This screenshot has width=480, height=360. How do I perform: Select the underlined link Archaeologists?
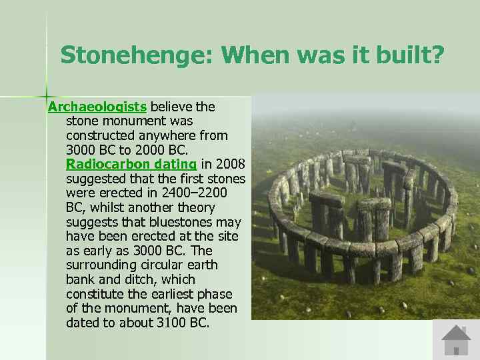tap(97, 107)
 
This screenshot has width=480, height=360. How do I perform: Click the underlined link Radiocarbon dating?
tap(131, 164)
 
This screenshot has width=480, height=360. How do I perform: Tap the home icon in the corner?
tap(456, 340)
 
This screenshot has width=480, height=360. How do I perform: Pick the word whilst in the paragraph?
tap(105, 207)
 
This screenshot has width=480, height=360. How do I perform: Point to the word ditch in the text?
tap(137, 280)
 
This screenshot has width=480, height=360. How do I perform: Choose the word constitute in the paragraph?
tap(93, 295)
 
